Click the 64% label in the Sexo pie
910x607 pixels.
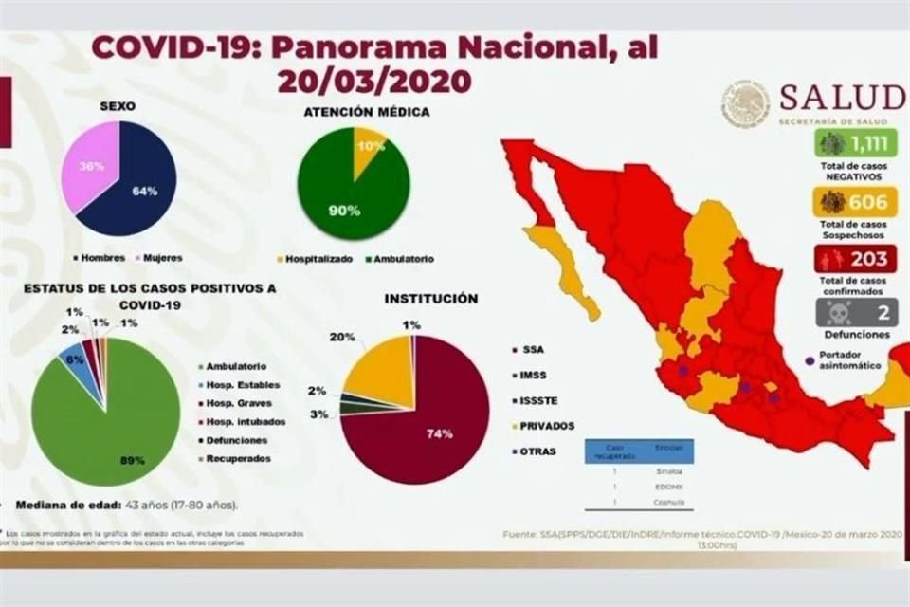pyautogui.click(x=144, y=192)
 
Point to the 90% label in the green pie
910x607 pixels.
pyautogui.click(x=345, y=210)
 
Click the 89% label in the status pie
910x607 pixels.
pyautogui.click(x=132, y=460)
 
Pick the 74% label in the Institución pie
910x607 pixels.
pyautogui.click(x=440, y=433)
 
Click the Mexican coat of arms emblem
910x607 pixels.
pyautogui.click(x=745, y=102)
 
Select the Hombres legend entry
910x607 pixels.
pyautogui.click(x=100, y=256)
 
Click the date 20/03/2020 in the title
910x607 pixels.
pyautogui.click(x=374, y=80)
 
